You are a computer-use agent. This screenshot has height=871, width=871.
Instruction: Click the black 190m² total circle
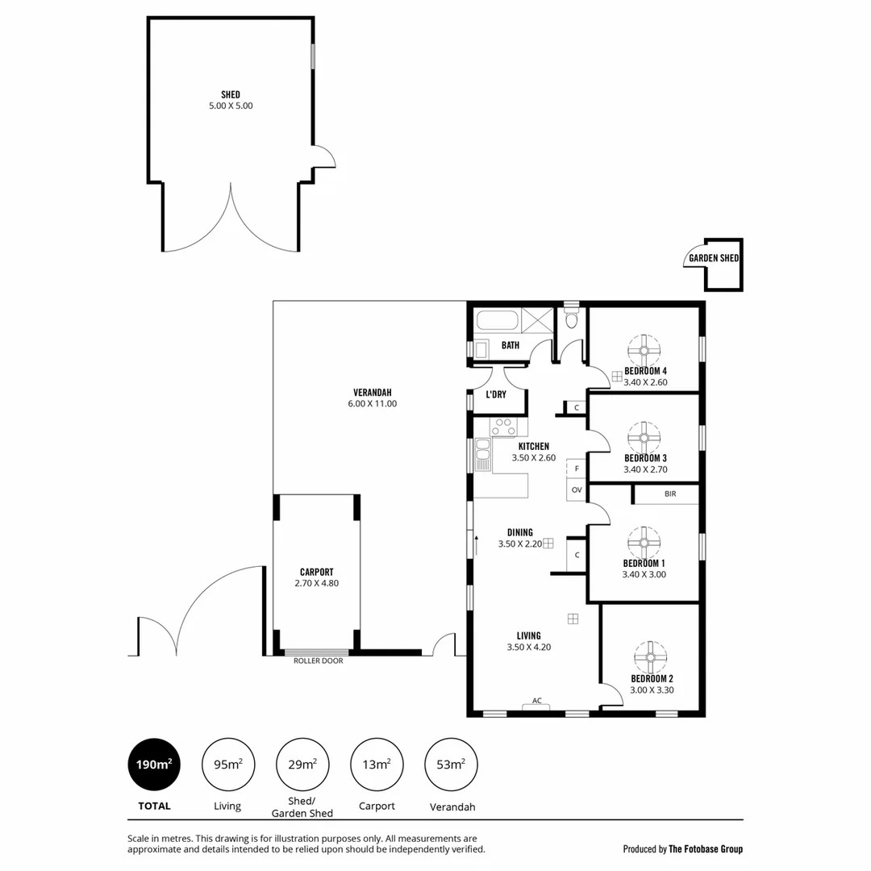(153, 765)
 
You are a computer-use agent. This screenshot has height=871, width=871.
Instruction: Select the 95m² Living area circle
(227, 765)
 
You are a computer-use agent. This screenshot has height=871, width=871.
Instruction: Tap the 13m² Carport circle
(377, 765)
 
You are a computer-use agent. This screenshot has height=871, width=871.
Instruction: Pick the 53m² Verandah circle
(451, 765)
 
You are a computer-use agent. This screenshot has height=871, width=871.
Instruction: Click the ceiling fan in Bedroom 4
(644, 350)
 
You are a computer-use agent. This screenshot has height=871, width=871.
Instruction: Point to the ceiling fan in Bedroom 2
(651, 656)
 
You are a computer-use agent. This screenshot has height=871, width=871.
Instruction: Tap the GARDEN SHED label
(713, 259)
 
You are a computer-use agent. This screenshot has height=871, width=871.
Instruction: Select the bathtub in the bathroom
(498, 320)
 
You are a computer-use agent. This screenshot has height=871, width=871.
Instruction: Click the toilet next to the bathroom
(572, 320)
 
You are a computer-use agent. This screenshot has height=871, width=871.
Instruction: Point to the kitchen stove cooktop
(504, 427)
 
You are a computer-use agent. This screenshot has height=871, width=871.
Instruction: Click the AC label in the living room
(536, 701)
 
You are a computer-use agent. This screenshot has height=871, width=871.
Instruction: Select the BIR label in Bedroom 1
(670, 494)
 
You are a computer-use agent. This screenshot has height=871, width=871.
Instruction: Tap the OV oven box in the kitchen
(576, 490)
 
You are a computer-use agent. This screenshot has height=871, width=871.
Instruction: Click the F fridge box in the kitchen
(576, 468)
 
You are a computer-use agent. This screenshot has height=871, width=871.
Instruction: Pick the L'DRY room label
(495, 395)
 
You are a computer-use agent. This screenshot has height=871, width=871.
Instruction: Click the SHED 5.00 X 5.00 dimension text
(231, 106)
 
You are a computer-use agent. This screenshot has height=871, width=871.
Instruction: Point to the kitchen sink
(482, 454)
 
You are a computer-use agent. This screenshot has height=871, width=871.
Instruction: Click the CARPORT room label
(316, 572)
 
